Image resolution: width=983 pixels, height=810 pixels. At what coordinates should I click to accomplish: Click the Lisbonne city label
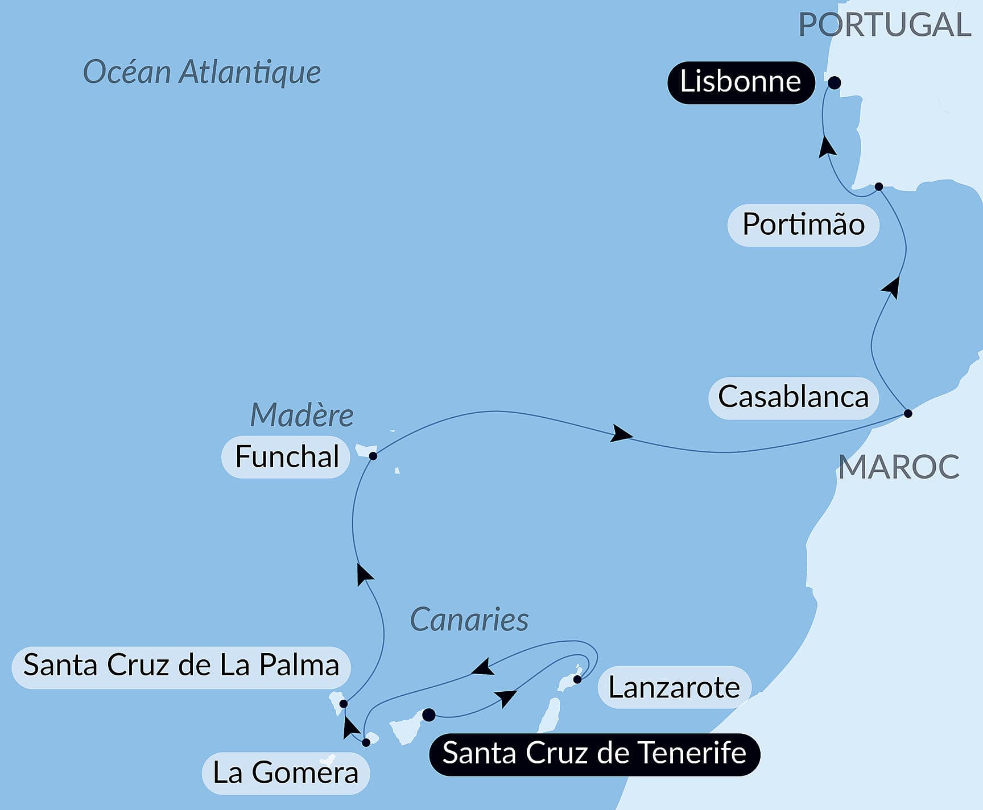click(x=741, y=82)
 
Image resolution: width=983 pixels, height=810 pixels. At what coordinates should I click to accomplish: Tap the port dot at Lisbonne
click(x=834, y=83)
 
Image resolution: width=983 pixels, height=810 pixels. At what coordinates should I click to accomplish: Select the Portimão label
click(x=803, y=225)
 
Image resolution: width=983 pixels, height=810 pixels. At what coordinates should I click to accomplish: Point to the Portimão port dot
click(x=879, y=186)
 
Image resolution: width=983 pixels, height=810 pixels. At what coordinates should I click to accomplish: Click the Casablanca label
click(x=793, y=397)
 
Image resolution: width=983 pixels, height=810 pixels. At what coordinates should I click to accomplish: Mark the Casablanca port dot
click(x=908, y=413)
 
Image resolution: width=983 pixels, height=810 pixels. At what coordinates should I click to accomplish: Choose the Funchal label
click(x=286, y=457)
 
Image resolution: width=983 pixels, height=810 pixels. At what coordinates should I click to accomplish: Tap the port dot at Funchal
click(x=373, y=456)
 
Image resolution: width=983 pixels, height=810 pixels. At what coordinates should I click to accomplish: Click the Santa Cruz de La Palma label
click(x=181, y=666)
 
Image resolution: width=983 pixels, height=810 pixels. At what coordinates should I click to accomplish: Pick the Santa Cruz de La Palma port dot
click(x=343, y=704)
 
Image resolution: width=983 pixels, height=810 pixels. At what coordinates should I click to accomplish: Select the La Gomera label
click(x=286, y=773)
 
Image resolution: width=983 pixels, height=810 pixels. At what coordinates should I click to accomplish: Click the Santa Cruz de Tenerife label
click(x=594, y=754)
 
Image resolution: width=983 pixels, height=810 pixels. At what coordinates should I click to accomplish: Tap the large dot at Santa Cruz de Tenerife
click(x=429, y=715)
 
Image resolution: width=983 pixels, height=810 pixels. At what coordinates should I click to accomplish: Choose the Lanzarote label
click(x=674, y=688)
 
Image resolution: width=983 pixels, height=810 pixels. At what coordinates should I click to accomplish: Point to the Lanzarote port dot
click(x=577, y=679)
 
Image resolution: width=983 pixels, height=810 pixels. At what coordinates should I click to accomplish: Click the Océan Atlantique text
click(x=202, y=72)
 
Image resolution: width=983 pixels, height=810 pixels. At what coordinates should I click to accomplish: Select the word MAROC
click(x=898, y=467)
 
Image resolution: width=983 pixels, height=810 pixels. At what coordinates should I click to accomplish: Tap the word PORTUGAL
click(x=885, y=25)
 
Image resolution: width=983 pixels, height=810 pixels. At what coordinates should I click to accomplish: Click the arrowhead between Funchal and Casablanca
click(x=621, y=435)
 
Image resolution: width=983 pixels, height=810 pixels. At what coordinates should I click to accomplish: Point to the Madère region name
click(x=301, y=415)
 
